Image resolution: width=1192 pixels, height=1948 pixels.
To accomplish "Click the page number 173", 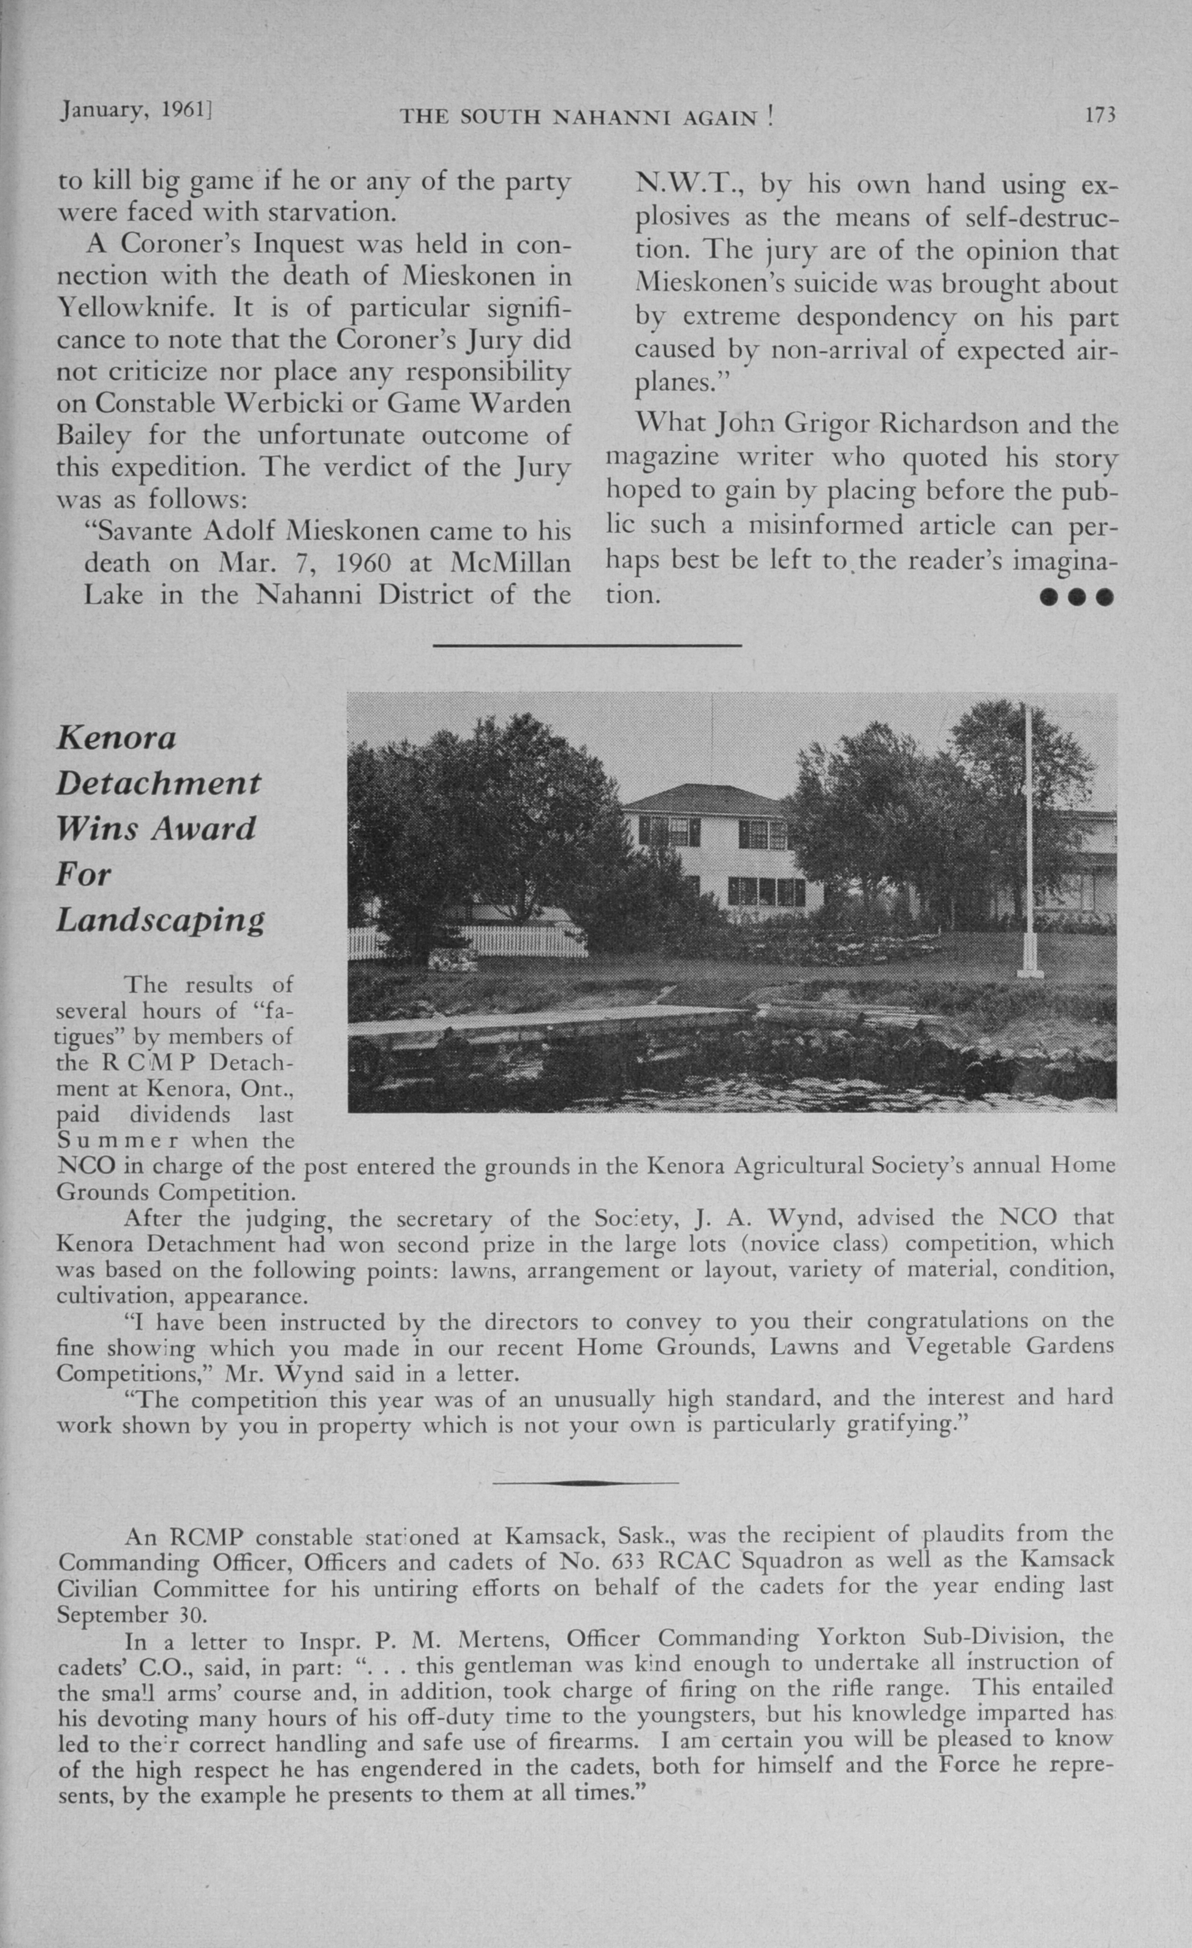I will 1100,116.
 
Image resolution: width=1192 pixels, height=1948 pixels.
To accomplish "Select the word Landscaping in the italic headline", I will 160,920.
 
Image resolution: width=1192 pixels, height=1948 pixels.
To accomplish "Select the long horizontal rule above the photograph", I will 587,646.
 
